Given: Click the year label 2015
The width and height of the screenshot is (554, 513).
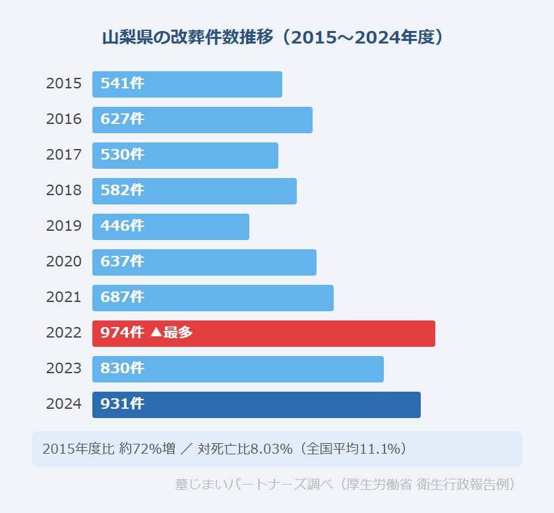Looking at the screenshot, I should point(64,84).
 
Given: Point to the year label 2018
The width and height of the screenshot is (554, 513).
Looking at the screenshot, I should point(64,191).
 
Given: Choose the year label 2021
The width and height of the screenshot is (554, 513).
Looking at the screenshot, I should point(64,298).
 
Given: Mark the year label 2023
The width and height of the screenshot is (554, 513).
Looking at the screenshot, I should point(64,369).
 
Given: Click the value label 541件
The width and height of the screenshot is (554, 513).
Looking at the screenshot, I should point(122,84).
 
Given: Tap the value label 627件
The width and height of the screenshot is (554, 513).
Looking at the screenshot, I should point(122,120).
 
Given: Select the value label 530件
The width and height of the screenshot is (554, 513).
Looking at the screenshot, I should point(122,156).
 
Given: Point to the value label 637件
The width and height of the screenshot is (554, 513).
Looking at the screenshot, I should point(122,262).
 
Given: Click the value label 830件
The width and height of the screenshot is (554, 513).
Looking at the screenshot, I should point(122,369).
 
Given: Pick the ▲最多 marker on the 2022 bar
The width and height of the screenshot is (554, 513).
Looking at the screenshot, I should point(171,334).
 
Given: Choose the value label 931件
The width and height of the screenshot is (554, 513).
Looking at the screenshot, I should point(122,405).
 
